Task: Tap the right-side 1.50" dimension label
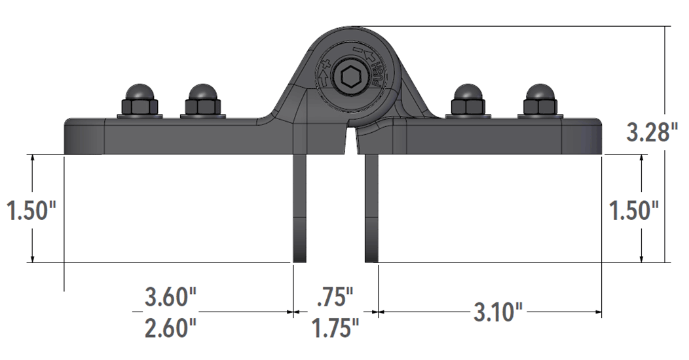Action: coord(633,211)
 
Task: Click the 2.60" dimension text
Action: coord(170,327)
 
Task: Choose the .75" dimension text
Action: coord(335,297)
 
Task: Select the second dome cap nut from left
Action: coord(202,100)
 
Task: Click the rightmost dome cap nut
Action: coord(539,100)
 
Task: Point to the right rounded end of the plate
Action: coord(595,136)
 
